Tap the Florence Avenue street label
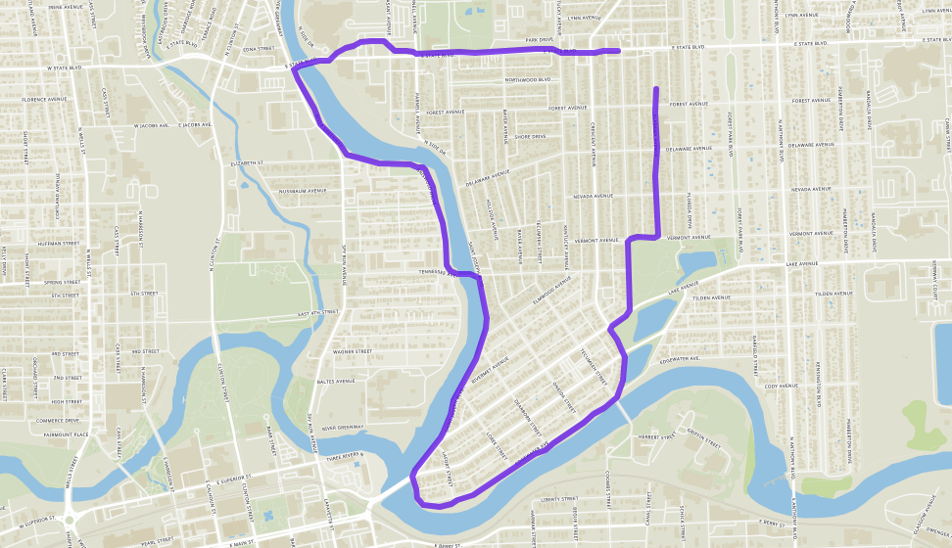(44, 100)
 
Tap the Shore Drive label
(529, 137)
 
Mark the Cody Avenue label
(783, 387)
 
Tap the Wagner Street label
(352, 350)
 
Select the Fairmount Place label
(68, 434)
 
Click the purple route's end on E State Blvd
(617, 51)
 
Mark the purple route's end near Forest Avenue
(655, 90)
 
